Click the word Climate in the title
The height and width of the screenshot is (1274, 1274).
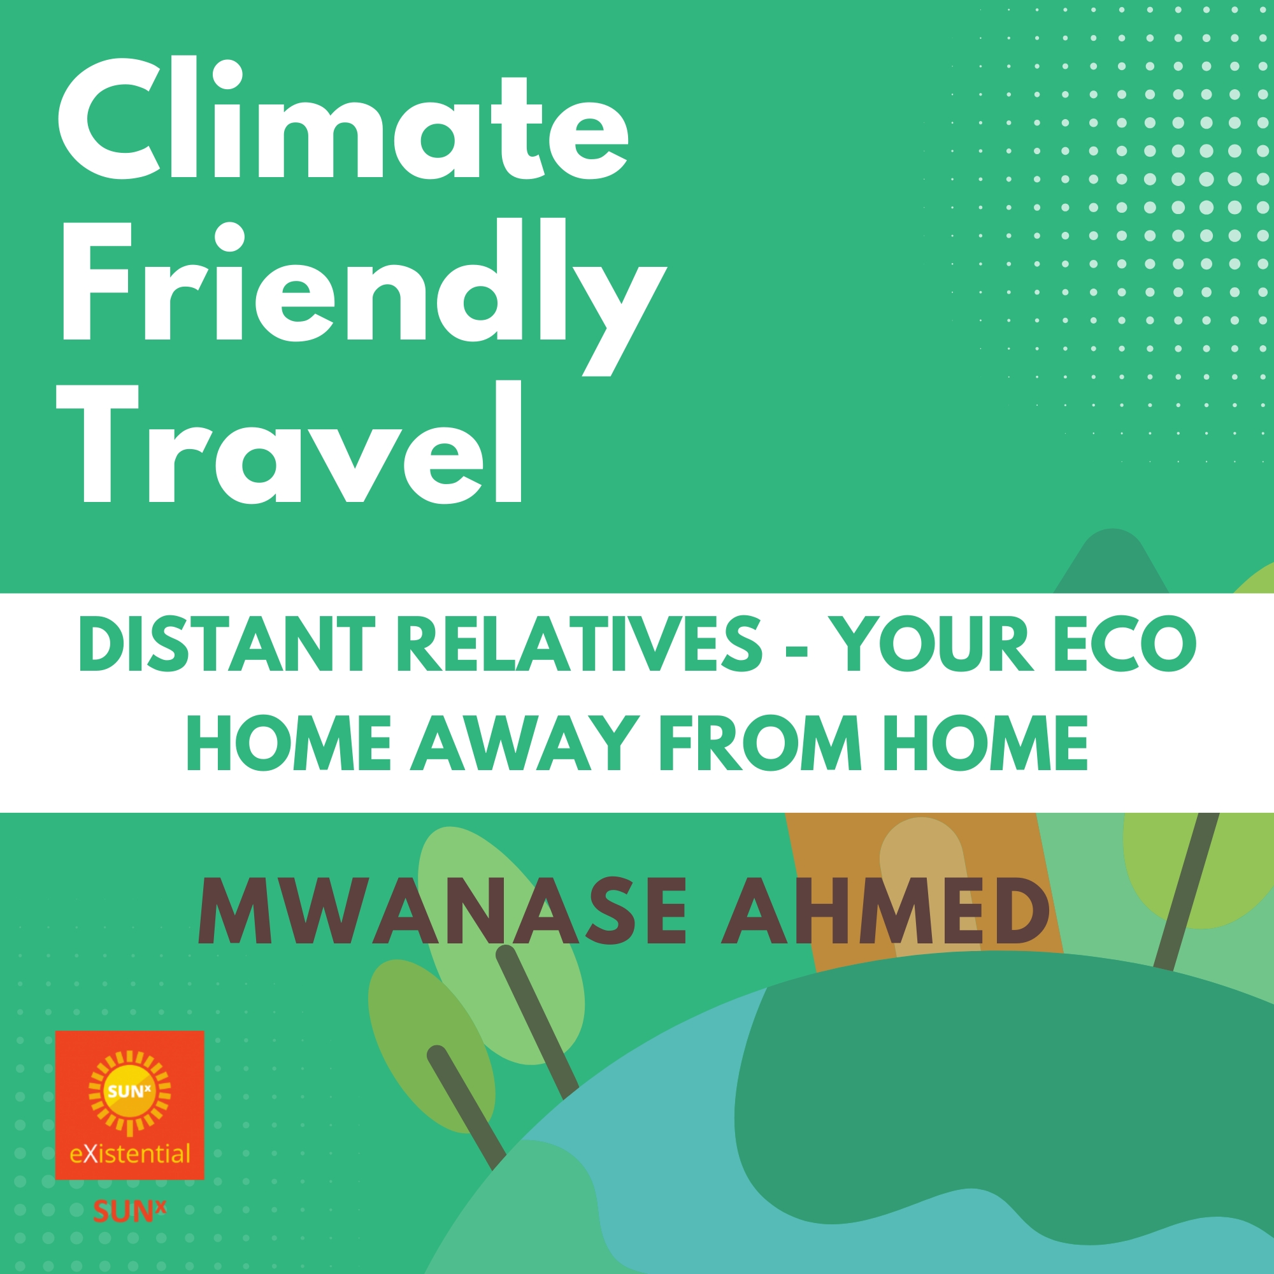pos(343,118)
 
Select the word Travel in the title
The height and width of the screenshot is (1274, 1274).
pos(290,443)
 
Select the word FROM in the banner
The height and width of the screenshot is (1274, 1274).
pos(761,743)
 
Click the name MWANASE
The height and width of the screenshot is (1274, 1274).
pos(443,912)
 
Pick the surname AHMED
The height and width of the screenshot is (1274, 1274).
pos(885,912)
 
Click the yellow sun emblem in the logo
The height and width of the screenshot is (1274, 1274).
pos(130,1091)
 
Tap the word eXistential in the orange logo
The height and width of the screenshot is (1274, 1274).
pos(130,1154)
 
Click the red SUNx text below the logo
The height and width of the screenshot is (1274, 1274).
pos(129,1212)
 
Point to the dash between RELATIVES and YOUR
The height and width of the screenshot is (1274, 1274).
pos(798,650)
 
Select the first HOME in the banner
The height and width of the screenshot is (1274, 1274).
pos(289,743)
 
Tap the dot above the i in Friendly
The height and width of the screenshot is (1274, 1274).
pos(229,238)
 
